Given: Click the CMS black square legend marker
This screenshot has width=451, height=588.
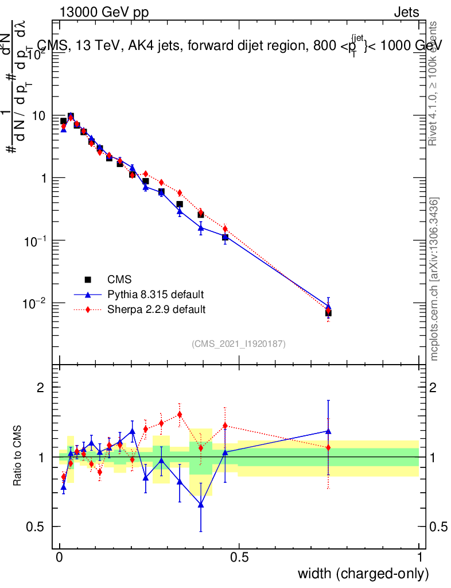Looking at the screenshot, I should pos(88,280).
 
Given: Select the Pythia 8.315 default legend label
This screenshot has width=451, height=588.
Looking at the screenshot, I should pos(155,295).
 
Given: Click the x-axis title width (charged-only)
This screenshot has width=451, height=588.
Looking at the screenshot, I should pos(363,574).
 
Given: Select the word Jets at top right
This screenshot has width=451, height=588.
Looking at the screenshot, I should pos(406,13).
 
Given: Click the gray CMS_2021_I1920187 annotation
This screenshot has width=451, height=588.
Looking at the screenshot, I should pos(239,343).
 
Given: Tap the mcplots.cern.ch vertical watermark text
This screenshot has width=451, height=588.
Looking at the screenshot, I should pos(435,279).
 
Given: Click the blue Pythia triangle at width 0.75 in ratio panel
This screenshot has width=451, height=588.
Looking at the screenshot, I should pos(328,431).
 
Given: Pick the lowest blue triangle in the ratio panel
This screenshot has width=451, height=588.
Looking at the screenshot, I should pos(201,505).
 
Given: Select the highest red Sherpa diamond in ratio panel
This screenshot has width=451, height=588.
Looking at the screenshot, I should pos(180,414).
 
